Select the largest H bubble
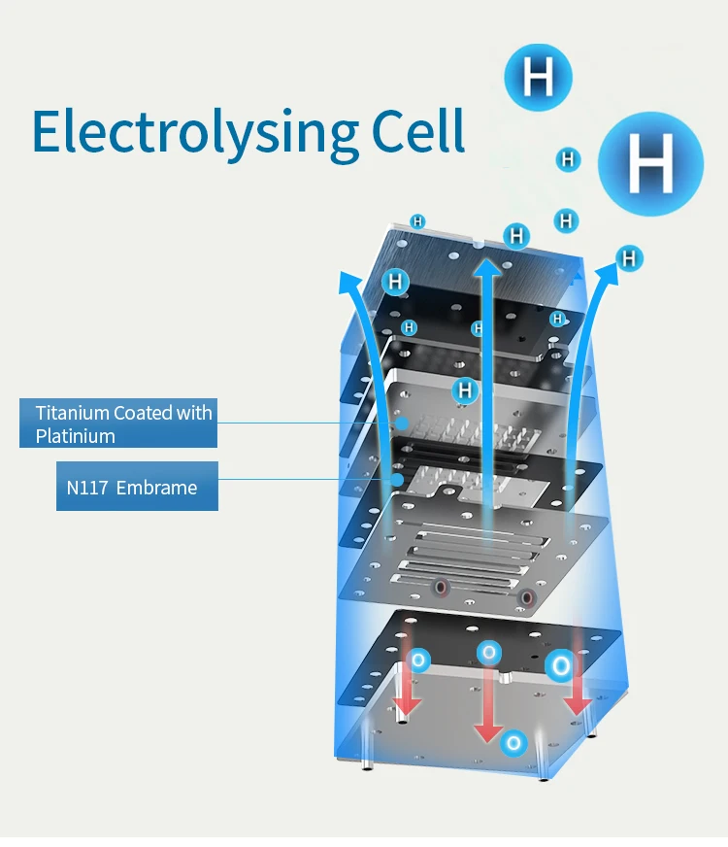[x=649, y=162]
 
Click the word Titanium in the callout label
[x=73, y=412]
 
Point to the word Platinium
[x=76, y=436]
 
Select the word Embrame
[x=156, y=488]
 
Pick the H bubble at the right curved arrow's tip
[x=630, y=257]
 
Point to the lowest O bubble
[x=514, y=743]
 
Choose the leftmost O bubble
[x=418, y=661]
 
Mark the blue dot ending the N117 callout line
[x=397, y=479]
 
